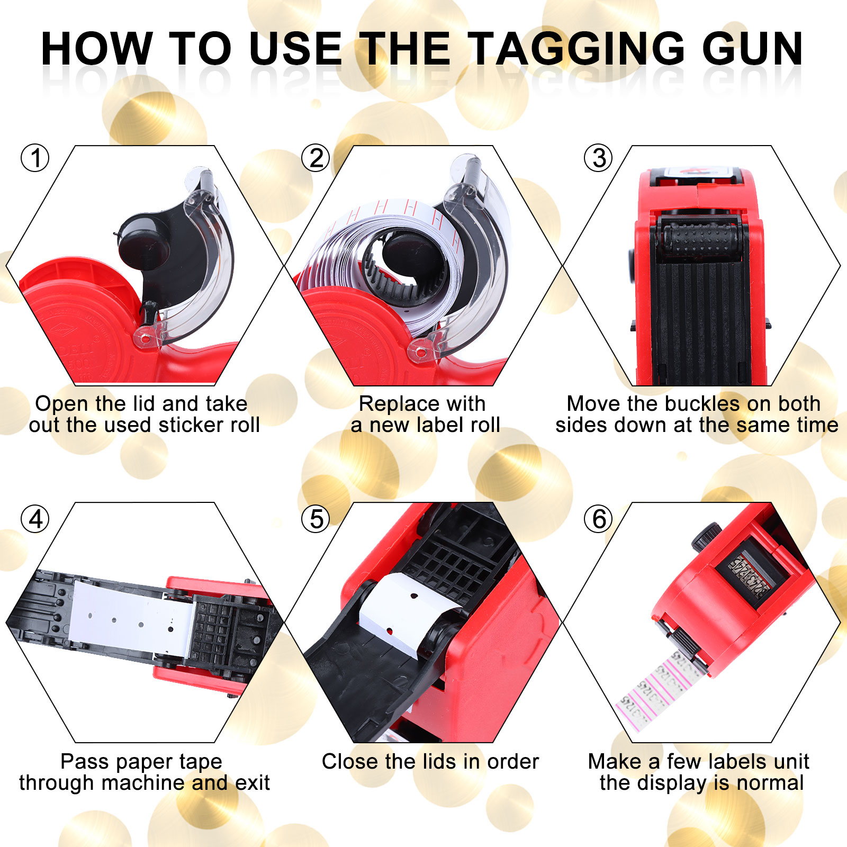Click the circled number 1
(35, 158)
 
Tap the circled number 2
(316, 158)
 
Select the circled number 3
(599, 158)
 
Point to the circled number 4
(35, 519)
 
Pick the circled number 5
(316, 519)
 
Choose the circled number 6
(599, 519)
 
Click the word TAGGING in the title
(578, 49)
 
